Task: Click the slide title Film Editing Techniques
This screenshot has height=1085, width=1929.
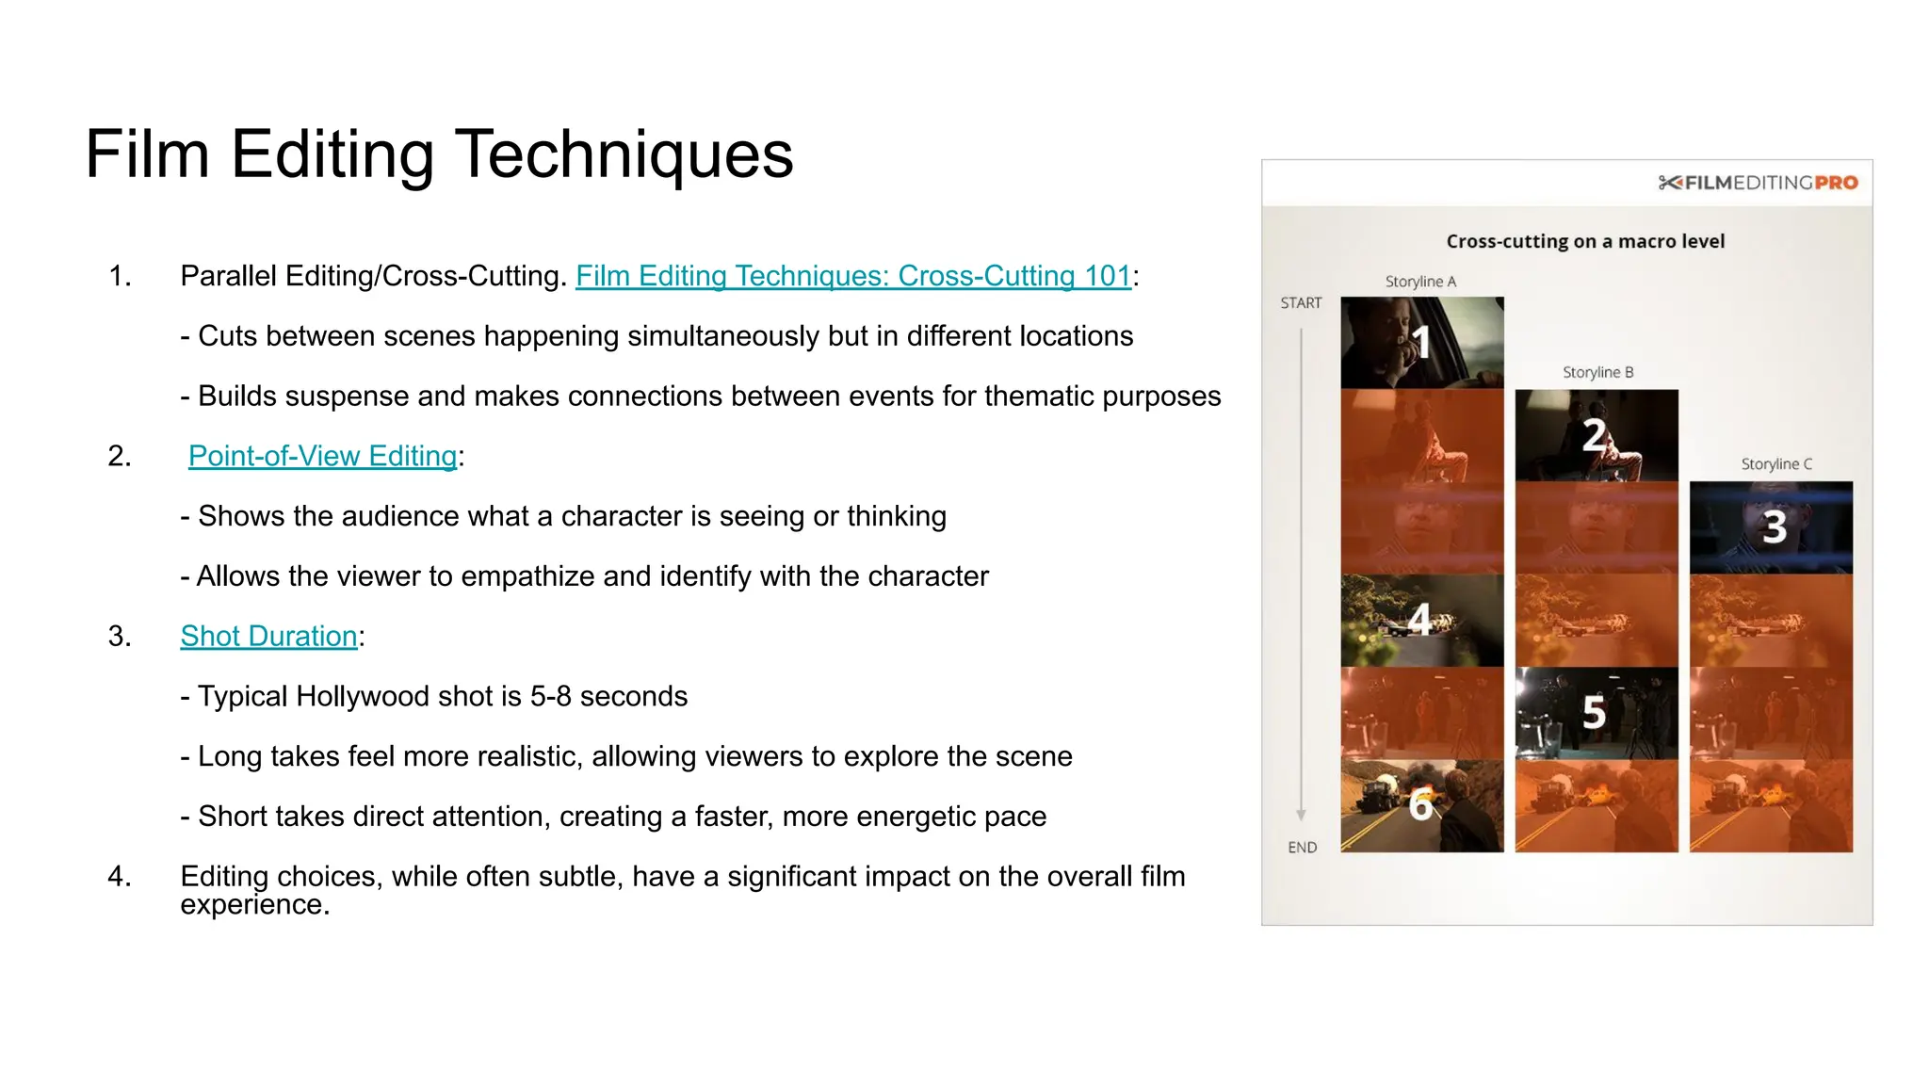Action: click(439, 154)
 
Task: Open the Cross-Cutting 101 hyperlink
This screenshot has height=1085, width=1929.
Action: click(852, 276)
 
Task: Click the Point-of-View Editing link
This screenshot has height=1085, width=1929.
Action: click(322, 456)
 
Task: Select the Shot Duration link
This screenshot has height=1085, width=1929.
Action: click(268, 637)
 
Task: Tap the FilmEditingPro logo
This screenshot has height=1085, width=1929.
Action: click(1758, 183)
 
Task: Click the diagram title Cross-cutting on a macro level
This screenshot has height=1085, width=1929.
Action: click(1585, 241)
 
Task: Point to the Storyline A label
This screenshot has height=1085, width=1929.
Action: click(1420, 282)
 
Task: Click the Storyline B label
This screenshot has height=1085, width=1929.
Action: click(1597, 373)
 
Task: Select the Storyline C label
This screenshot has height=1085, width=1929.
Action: click(1775, 464)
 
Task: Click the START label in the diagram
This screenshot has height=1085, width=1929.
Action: click(1301, 303)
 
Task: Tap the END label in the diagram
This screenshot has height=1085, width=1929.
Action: click(1302, 848)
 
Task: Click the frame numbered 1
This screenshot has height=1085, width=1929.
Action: click(1421, 343)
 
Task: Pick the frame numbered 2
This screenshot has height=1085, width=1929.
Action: click(1596, 435)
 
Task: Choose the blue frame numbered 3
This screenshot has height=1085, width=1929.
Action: click(1771, 527)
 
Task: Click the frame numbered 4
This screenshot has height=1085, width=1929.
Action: click(1421, 620)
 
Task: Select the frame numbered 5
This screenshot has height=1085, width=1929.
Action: click(1596, 713)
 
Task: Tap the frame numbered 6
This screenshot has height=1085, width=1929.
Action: click(1421, 805)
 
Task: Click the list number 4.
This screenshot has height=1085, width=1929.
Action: click(119, 877)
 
